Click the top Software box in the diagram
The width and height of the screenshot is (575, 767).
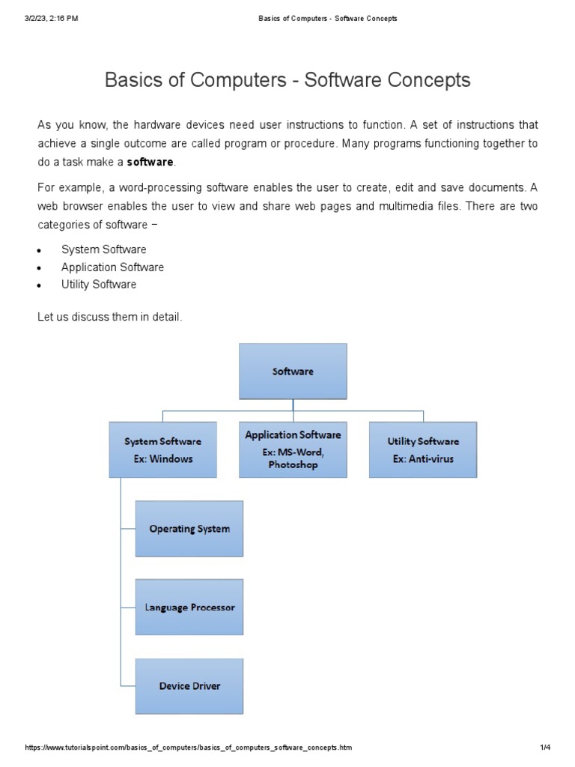click(293, 371)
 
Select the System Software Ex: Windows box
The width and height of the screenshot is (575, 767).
click(162, 449)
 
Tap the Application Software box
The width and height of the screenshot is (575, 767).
click(293, 449)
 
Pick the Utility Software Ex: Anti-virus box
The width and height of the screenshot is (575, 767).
click(423, 449)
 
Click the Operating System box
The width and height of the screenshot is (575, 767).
click(189, 529)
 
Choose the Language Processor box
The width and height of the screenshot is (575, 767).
click(189, 607)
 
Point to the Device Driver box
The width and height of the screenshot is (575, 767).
click(189, 686)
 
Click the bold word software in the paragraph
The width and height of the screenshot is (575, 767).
click(150, 162)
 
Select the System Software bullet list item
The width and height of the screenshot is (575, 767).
click(103, 249)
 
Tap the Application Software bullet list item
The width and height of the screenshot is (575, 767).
click(112, 267)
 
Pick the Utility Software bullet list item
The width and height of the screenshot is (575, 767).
click(99, 285)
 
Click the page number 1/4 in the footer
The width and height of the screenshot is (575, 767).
click(545, 748)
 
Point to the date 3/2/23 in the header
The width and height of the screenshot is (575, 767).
click(37, 19)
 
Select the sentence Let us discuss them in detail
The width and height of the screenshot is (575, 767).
click(110, 317)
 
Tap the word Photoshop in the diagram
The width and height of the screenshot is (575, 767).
click(293, 465)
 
